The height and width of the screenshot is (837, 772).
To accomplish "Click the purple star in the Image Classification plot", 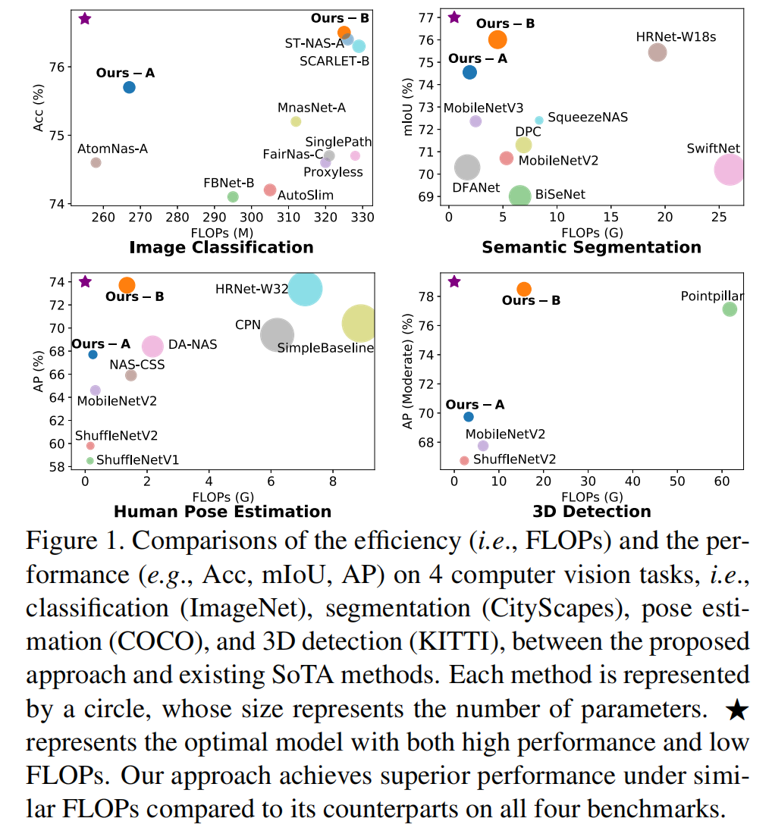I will tap(85, 18).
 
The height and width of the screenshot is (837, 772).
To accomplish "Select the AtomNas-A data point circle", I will tap(96, 162).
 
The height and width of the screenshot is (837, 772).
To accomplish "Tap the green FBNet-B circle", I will tap(233, 196).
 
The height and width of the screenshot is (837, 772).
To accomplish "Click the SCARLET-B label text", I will tap(333, 61).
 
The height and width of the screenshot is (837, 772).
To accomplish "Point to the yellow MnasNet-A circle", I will tap(296, 121).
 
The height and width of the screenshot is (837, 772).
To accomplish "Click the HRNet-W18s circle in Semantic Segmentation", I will tap(657, 52).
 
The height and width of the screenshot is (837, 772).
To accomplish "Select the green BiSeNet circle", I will tap(519, 196).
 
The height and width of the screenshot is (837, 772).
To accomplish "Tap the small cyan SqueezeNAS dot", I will tap(539, 120).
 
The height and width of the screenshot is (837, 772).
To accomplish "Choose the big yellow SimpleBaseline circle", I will tap(360, 324).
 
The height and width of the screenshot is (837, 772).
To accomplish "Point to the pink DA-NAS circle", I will tap(153, 346).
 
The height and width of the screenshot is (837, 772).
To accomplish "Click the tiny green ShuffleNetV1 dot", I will tap(90, 460).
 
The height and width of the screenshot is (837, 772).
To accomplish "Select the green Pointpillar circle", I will tap(730, 309).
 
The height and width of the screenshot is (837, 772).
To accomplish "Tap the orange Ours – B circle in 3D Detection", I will tap(524, 289).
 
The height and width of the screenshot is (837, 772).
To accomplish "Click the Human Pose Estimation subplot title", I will tap(222, 511).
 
